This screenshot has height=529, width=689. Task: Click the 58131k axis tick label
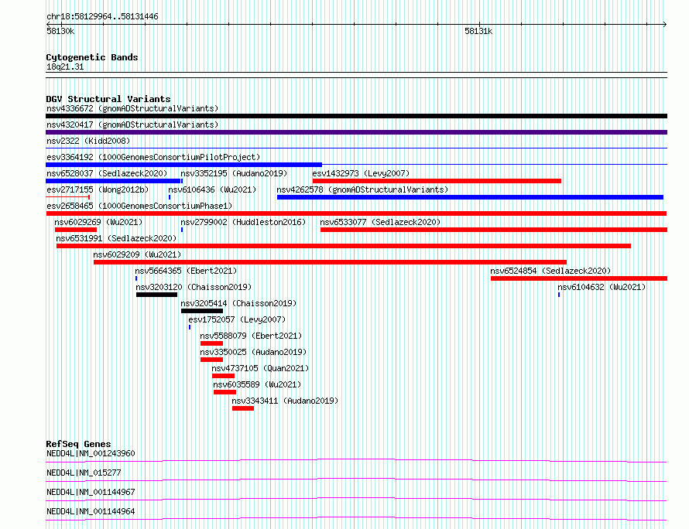[478, 31]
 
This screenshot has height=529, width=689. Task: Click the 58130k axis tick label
[60, 31]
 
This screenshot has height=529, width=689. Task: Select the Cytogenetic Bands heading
[92, 57]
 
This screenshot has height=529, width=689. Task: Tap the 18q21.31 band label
[65, 67]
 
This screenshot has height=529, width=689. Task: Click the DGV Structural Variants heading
[108, 99]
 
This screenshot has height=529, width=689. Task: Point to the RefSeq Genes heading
[78, 444]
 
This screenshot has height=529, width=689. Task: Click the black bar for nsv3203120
[156, 295]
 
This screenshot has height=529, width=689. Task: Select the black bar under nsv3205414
[202, 311]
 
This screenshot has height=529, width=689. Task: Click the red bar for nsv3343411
[243, 408]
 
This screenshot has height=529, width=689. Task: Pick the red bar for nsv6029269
[76, 230]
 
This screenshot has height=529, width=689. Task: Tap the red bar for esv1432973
[437, 181]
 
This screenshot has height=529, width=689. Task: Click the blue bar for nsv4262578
[470, 197]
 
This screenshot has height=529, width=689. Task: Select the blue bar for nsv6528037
[113, 181]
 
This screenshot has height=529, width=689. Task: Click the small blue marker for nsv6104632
[559, 295]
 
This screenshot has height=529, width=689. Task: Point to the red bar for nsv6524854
[579, 278]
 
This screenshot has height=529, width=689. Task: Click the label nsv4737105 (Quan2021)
[260, 368]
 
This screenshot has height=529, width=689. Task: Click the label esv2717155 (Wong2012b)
[98, 189]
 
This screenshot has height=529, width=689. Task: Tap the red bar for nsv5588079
[212, 343]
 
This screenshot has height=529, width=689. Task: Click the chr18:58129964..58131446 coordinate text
[102, 17]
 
